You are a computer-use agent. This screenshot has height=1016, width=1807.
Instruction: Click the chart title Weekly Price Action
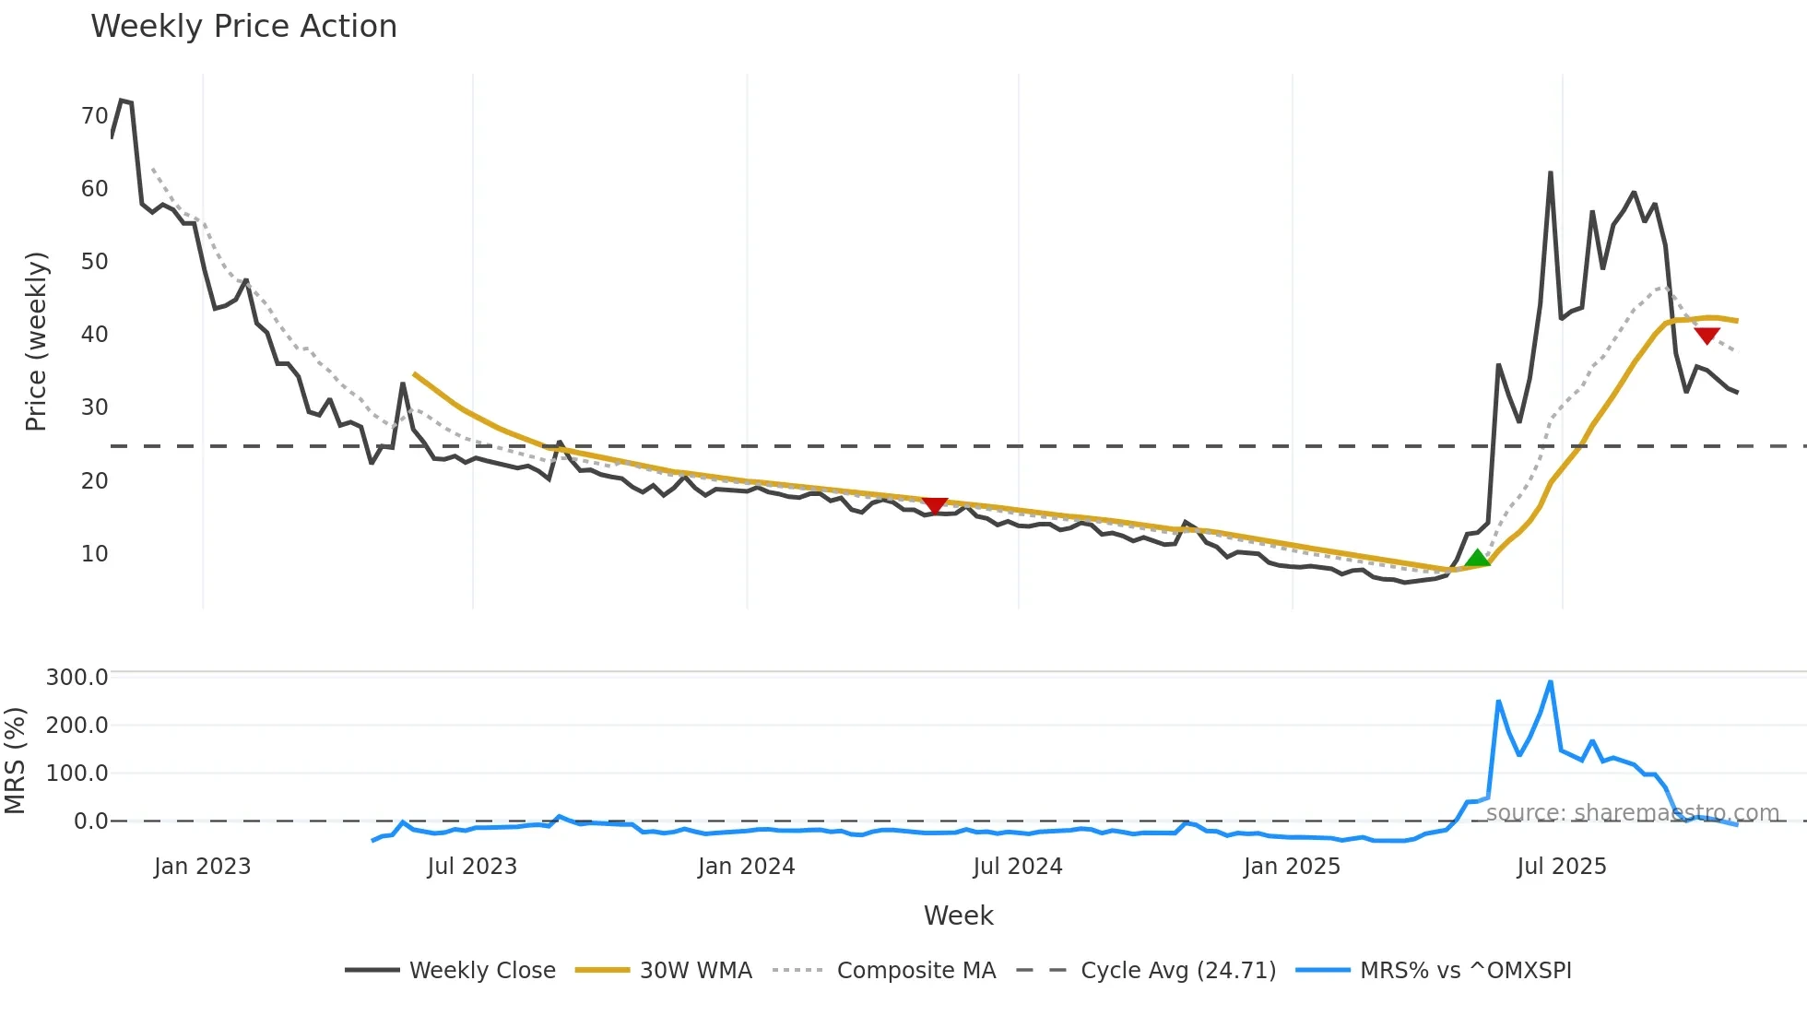coord(243,27)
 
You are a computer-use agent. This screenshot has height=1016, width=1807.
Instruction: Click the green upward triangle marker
coord(1477,559)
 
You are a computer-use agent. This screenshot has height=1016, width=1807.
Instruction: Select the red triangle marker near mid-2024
coord(935,505)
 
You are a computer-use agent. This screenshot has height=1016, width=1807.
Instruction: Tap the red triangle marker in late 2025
coord(1707,336)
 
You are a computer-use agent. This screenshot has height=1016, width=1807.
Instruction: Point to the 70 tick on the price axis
coord(95,116)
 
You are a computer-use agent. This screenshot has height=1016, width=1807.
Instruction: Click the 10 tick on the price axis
coord(95,554)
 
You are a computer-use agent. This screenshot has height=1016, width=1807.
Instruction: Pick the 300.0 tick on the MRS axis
coord(77,678)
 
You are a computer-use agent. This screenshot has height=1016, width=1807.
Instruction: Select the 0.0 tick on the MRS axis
coord(90,821)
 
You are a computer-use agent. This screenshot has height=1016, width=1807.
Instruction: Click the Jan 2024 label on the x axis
coord(746,867)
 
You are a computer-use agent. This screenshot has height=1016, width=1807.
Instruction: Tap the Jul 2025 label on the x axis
coord(1561,867)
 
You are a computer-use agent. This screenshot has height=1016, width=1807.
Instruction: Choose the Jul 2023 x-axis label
coord(472,867)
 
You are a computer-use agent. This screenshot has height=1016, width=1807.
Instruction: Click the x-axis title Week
coord(958,916)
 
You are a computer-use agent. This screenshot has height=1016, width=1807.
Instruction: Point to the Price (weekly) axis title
coord(36,341)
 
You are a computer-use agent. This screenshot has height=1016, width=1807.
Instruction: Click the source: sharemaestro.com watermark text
coord(1632,813)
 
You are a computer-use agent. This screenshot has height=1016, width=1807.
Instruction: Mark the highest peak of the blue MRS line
coord(1551,682)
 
